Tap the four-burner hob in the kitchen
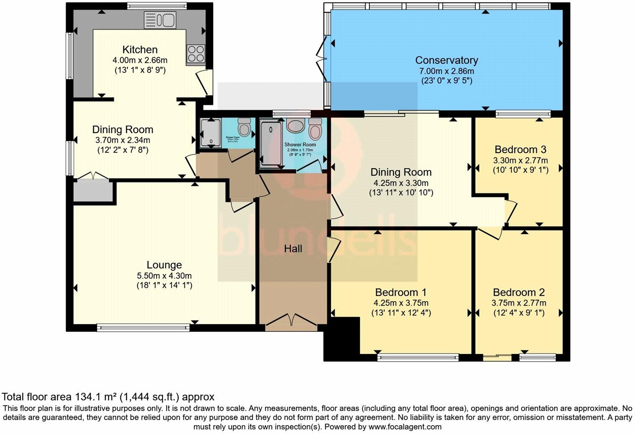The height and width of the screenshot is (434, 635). point(196,54)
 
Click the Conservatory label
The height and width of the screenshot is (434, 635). point(446,61)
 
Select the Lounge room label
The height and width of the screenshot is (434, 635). point(164,265)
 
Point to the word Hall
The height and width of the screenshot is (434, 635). point(293,249)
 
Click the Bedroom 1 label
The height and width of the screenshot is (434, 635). point(401,292)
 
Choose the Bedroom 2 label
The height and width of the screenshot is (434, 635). point(518,292)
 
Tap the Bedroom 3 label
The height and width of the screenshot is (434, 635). point(520,149)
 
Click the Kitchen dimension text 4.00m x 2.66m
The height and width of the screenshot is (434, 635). point(140,60)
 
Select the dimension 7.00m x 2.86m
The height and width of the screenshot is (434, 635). point(446,71)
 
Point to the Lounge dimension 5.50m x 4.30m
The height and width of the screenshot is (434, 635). point(164,275)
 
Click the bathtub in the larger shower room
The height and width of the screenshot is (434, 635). point(271,143)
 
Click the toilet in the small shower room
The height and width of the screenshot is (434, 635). point(244,125)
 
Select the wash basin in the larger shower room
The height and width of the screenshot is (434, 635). point(297,125)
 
